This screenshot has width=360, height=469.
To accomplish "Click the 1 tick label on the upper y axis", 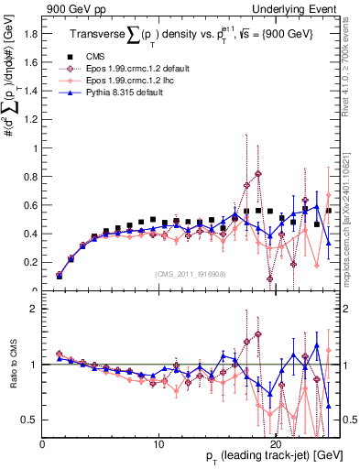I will tap(35, 148).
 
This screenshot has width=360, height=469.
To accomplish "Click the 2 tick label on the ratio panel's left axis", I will tap(35, 309).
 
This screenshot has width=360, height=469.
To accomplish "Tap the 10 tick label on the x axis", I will tap(159, 445).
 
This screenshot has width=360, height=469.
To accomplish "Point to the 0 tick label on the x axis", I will tap(42, 445).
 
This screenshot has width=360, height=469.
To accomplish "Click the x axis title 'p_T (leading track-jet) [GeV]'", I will tap(267, 458).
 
